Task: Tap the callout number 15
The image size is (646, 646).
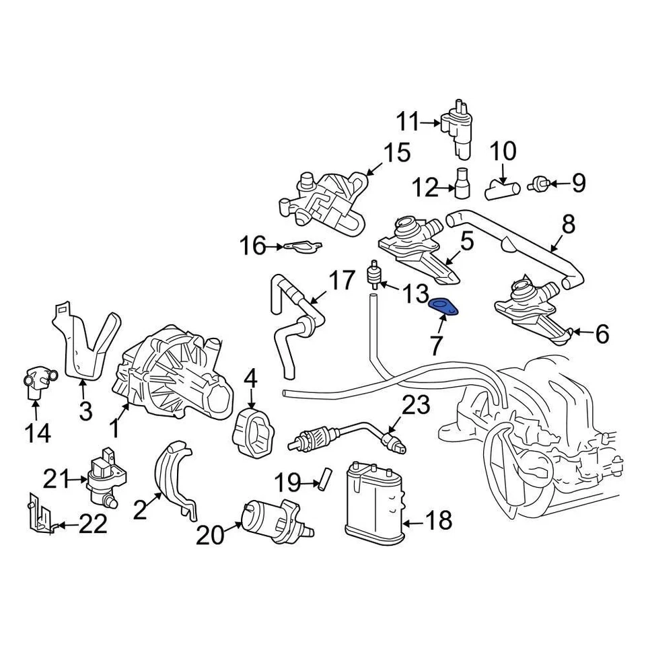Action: [396, 153]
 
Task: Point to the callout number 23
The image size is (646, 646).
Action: [415, 406]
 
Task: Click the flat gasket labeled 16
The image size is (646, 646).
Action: [299, 248]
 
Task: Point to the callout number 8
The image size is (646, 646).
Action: [569, 224]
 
